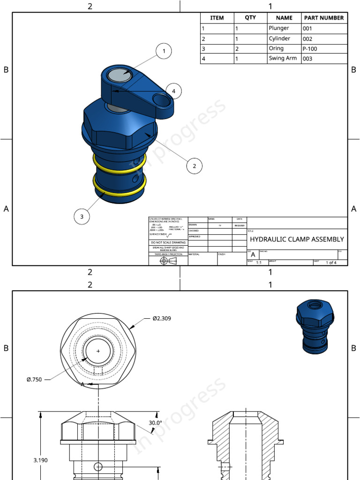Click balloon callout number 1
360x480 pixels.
(164, 51)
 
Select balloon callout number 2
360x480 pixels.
(194, 165)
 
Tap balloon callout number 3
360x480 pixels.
(82, 216)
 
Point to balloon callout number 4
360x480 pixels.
(173, 91)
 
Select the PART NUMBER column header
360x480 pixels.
(324, 18)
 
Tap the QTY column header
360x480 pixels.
(250, 18)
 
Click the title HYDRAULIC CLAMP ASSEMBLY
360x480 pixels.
(297, 239)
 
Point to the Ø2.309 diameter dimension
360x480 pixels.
(161, 319)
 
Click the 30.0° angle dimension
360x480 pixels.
(155, 423)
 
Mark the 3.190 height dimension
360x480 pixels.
(40, 460)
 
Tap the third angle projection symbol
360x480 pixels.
(168, 261)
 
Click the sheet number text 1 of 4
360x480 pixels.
(331, 262)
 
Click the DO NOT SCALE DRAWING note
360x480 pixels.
(168, 242)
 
